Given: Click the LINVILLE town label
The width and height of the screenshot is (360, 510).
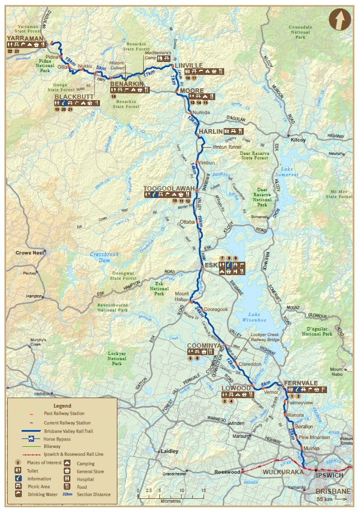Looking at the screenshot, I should (188, 65).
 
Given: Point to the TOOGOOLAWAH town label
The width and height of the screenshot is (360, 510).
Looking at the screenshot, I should (168, 188).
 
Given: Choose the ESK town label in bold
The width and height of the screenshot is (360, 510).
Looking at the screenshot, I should (211, 265).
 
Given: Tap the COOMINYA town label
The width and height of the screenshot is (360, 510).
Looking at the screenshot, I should (205, 346).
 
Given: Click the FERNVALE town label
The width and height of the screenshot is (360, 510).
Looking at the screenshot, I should (301, 383).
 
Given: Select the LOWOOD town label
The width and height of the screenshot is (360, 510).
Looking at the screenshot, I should (236, 388).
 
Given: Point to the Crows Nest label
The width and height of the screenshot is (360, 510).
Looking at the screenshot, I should (30, 253).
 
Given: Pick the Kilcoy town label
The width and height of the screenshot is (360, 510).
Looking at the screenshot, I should (299, 140).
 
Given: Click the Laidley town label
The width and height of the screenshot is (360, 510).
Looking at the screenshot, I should (169, 450).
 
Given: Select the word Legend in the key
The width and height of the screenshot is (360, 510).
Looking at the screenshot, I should (62, 405).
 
